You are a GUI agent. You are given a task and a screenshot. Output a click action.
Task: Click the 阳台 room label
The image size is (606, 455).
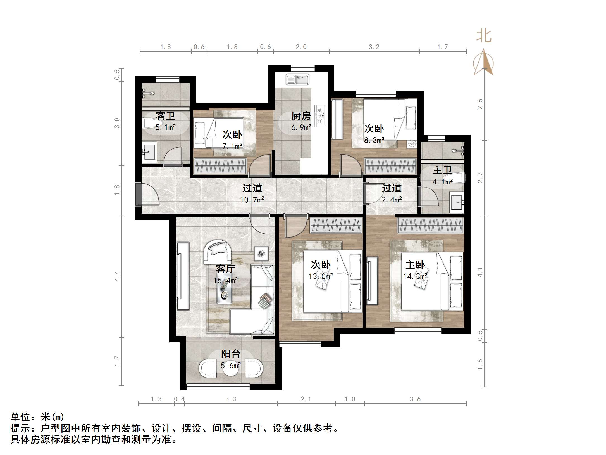231,354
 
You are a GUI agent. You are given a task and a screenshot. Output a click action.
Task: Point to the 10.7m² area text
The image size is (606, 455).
252,200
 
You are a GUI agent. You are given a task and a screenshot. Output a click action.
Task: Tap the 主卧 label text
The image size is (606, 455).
415,264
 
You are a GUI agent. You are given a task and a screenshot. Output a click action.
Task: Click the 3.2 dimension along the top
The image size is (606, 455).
374,47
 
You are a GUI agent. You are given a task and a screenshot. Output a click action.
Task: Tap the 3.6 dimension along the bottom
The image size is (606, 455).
415,399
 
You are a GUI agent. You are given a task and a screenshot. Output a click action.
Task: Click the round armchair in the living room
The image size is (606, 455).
217,252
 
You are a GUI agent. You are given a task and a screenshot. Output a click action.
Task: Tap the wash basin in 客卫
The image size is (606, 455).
149,152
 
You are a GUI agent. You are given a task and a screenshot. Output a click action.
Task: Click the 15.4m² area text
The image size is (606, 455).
226,280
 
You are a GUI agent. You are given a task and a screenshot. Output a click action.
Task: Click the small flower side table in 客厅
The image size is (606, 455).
261,253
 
